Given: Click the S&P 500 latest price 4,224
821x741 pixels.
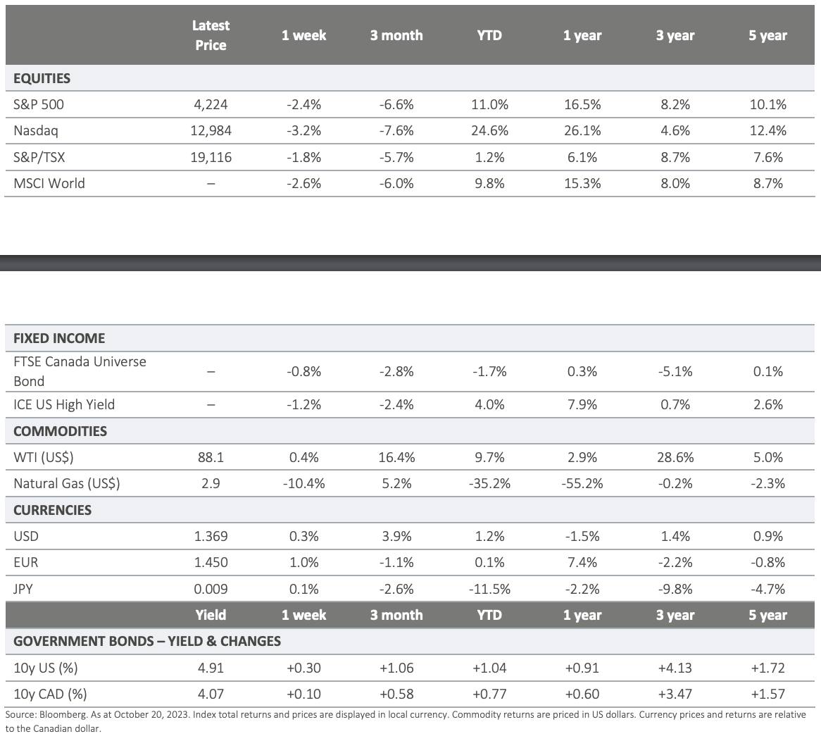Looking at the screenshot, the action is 211,104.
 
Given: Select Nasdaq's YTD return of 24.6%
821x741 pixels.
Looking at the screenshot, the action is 489,130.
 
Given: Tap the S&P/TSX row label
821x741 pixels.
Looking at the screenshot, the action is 39,157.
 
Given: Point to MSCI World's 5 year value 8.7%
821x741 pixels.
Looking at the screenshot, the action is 768,183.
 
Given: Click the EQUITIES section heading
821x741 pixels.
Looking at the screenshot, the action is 42,79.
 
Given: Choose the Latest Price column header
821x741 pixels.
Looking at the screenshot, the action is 211,35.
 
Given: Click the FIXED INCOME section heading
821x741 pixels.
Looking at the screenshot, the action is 59,338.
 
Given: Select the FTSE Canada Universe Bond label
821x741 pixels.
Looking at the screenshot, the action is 80,371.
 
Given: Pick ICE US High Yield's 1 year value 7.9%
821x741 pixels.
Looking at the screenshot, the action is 582,404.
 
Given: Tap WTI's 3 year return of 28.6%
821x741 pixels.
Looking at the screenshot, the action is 675,457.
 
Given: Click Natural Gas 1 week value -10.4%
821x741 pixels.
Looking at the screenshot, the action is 303,483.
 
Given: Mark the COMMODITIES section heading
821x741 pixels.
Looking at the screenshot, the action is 61,431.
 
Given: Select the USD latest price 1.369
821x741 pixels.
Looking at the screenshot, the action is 211,536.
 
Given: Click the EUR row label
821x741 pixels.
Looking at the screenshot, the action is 25,562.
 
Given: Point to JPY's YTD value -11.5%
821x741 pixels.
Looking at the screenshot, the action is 489,589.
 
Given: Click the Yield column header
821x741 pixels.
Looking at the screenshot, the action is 211,615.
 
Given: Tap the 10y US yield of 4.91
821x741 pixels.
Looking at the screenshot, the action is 211,668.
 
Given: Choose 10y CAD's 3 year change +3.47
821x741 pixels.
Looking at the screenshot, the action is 675,694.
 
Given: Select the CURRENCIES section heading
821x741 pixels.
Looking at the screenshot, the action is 52,510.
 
